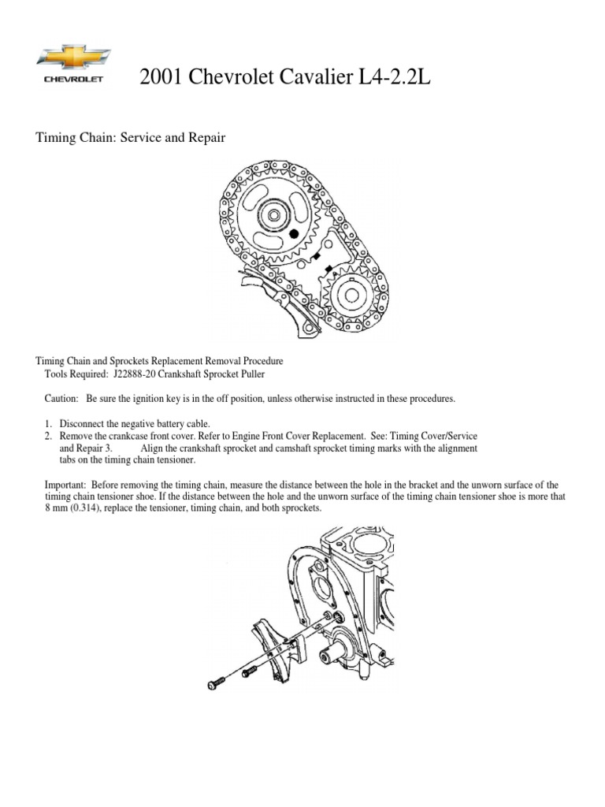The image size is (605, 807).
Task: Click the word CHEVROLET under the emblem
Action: [73, 79]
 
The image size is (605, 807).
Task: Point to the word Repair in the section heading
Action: [207, 138]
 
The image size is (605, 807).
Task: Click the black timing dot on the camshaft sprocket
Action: [293, 233]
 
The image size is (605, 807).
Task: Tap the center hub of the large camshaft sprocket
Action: [273, 215]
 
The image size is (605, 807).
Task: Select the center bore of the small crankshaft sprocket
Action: [349, 297]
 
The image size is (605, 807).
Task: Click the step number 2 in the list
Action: [48, 436]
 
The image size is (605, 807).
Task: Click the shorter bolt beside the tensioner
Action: [248, 671]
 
